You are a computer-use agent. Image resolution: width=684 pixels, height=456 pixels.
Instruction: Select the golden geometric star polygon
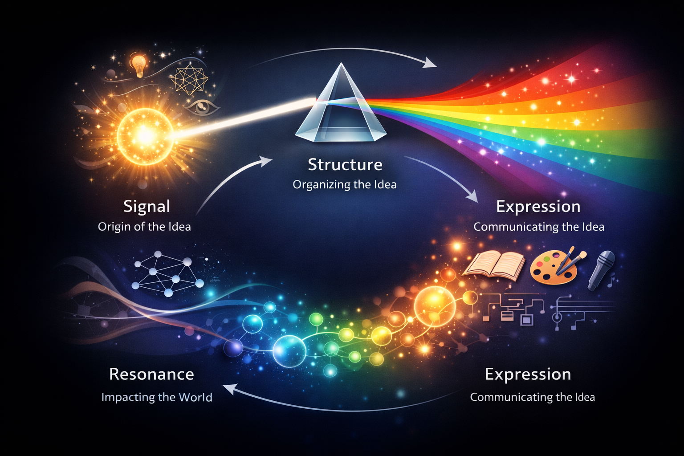click(x=189, y=81)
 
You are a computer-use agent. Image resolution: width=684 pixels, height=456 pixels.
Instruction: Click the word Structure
click(x=345, y=165)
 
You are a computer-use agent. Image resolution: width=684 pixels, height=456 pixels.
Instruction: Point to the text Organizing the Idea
click(x=345, y=184)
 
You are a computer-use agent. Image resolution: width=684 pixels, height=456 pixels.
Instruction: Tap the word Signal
click(x=147, y=207)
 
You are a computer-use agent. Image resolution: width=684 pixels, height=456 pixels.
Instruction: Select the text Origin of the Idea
click(x=144, y=227)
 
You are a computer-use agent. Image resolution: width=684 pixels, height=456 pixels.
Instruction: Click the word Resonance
click(x=151, y=375)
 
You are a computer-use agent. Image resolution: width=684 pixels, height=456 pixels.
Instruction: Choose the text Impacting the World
click(x=157, y=397)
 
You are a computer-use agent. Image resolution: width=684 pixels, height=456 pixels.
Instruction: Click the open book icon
click(x=493, y=266)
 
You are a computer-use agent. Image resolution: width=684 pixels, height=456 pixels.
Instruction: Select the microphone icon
click(x=602, y=269)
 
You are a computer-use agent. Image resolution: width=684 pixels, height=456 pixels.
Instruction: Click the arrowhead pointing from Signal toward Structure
click(x=267, y=160)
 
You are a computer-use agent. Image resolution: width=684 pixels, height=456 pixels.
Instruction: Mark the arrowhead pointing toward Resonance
click(x=228, y=389)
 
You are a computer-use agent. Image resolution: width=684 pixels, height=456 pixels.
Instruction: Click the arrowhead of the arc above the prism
click(x=431, y=63)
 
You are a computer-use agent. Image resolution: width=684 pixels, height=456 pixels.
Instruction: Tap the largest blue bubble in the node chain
click(x=289, y=350)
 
